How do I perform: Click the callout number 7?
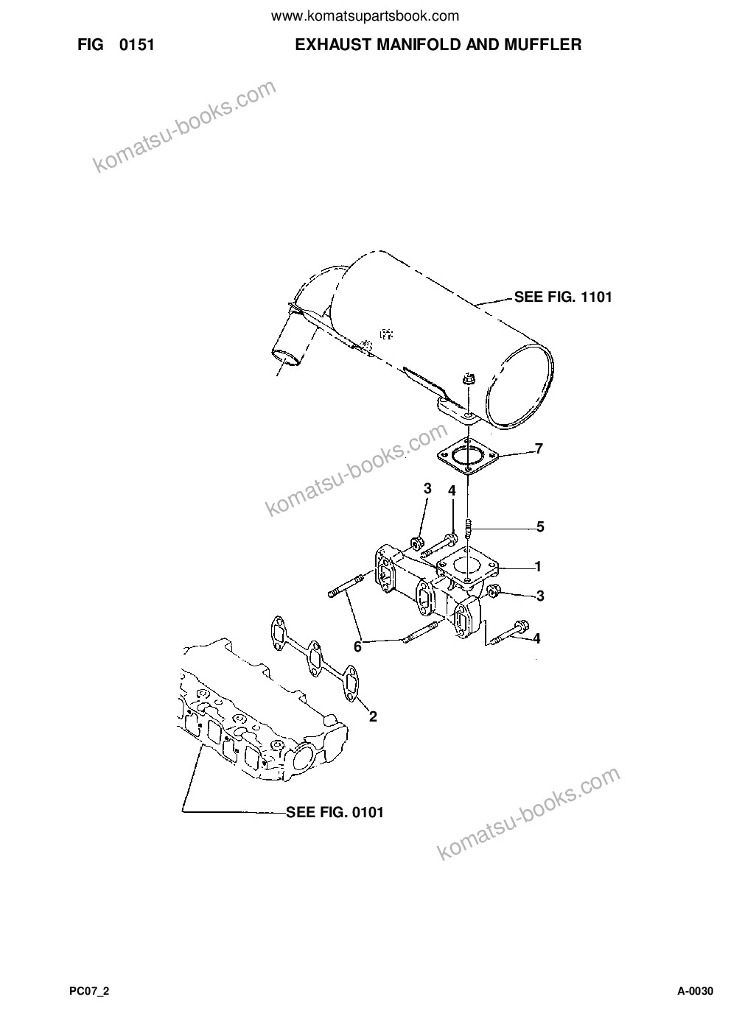point(539,448)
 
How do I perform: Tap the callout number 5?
point(540,526)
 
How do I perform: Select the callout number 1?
point(538,566)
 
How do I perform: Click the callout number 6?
point(357,647)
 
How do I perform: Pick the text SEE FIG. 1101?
point(563,297)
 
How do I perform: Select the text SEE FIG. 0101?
point(335,812)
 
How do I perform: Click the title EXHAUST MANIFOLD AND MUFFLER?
point(438,45)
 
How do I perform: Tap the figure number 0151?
point(136,45)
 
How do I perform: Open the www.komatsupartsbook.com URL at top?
point(365,17)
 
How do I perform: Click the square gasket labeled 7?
point(469,456)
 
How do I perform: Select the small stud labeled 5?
point(469,529)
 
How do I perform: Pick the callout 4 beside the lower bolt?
point(536,638)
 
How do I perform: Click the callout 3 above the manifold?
point(427,488)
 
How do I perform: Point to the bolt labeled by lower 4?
point(510,632)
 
